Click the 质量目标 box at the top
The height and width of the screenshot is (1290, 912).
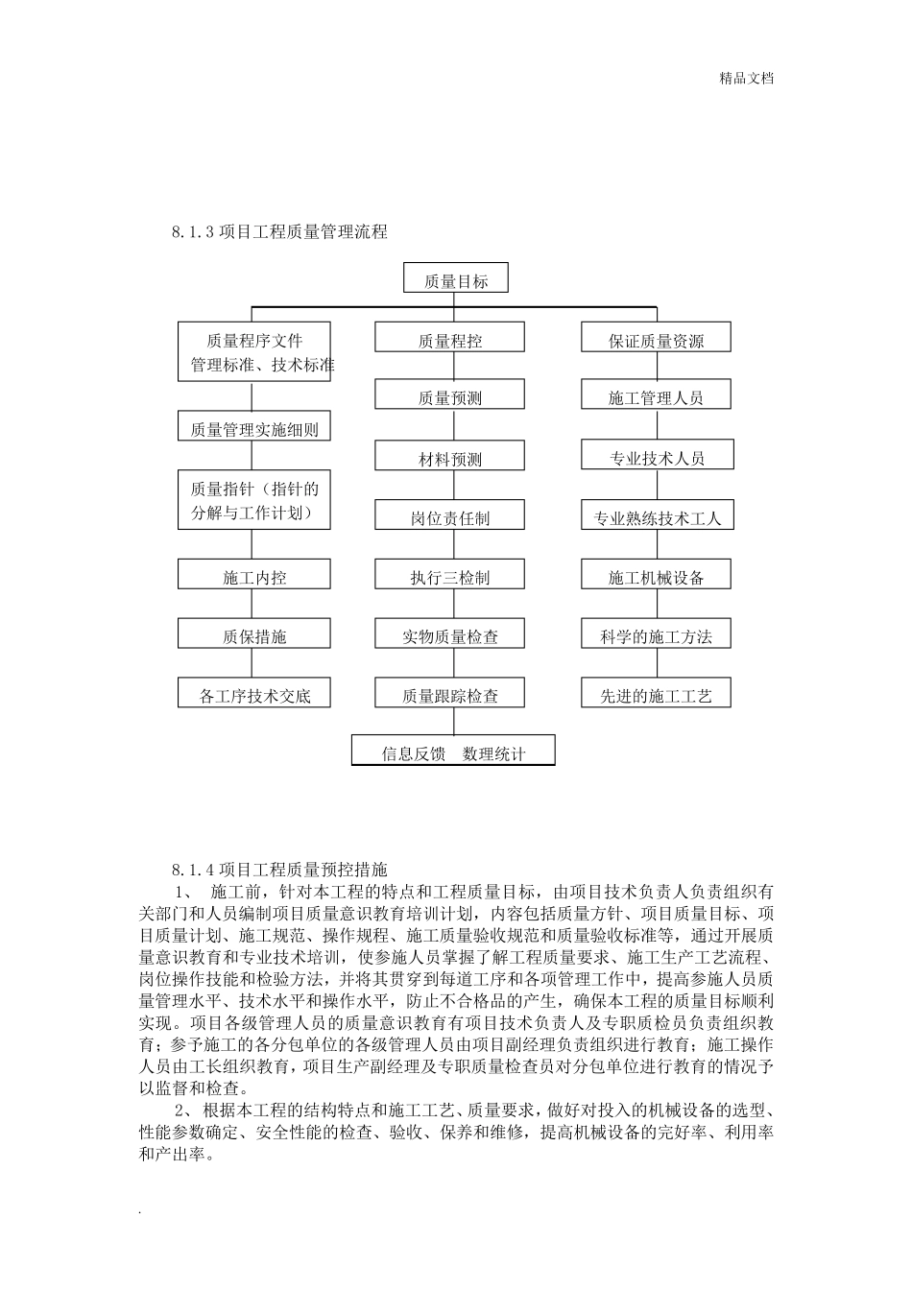pos(456,279)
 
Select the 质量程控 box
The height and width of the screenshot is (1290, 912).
pos(450,339)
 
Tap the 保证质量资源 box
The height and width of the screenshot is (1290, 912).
pos(657,339)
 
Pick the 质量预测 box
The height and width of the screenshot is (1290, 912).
pos(450,396)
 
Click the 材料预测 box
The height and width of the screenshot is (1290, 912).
pos(450,457)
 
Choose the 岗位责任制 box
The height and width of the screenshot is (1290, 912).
pos(450,516)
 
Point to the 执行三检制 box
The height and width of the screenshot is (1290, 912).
pos(450,576)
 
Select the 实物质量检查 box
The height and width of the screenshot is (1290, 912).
pos(450,634)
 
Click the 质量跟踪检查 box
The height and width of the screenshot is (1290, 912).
pos(450,694)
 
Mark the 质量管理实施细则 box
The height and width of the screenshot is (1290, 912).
pos(254,428)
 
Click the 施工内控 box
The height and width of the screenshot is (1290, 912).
pos(254,576)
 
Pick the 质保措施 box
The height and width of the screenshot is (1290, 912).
pos(254,634)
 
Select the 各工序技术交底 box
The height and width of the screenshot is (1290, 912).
pos(254,694)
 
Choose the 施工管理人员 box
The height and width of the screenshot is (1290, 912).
pos(657,396)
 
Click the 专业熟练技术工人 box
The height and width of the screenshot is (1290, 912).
pos(657,516)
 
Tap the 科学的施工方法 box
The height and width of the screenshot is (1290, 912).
pos(657,634)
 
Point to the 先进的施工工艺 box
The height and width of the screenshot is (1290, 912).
pos(657,694)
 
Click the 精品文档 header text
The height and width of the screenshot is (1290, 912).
pos(747,79)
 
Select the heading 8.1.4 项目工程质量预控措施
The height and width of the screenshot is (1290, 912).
pos(279,870)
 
